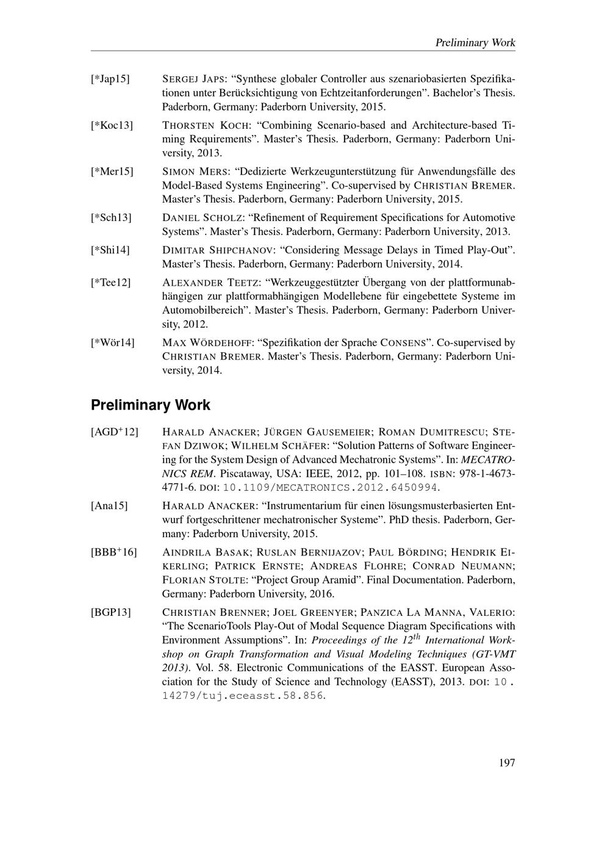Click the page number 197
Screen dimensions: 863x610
coord(506,762)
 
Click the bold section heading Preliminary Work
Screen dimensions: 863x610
coord(150,405)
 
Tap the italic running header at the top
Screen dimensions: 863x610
coord(475,43)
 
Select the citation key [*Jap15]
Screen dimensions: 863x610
coord(110,79)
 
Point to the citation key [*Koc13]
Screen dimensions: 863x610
coord(112,126)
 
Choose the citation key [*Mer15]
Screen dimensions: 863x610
coord(112,172)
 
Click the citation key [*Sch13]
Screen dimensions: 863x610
coord(111,218)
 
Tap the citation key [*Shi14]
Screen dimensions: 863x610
coord(110,250)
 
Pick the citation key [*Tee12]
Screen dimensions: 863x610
coord(111,283)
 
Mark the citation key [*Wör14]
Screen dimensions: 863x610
coord(113,342)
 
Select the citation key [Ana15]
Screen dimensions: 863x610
coord(109,506)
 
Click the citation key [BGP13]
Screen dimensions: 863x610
coord(110,612)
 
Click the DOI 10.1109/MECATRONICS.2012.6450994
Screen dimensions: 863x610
coord(331,488)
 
